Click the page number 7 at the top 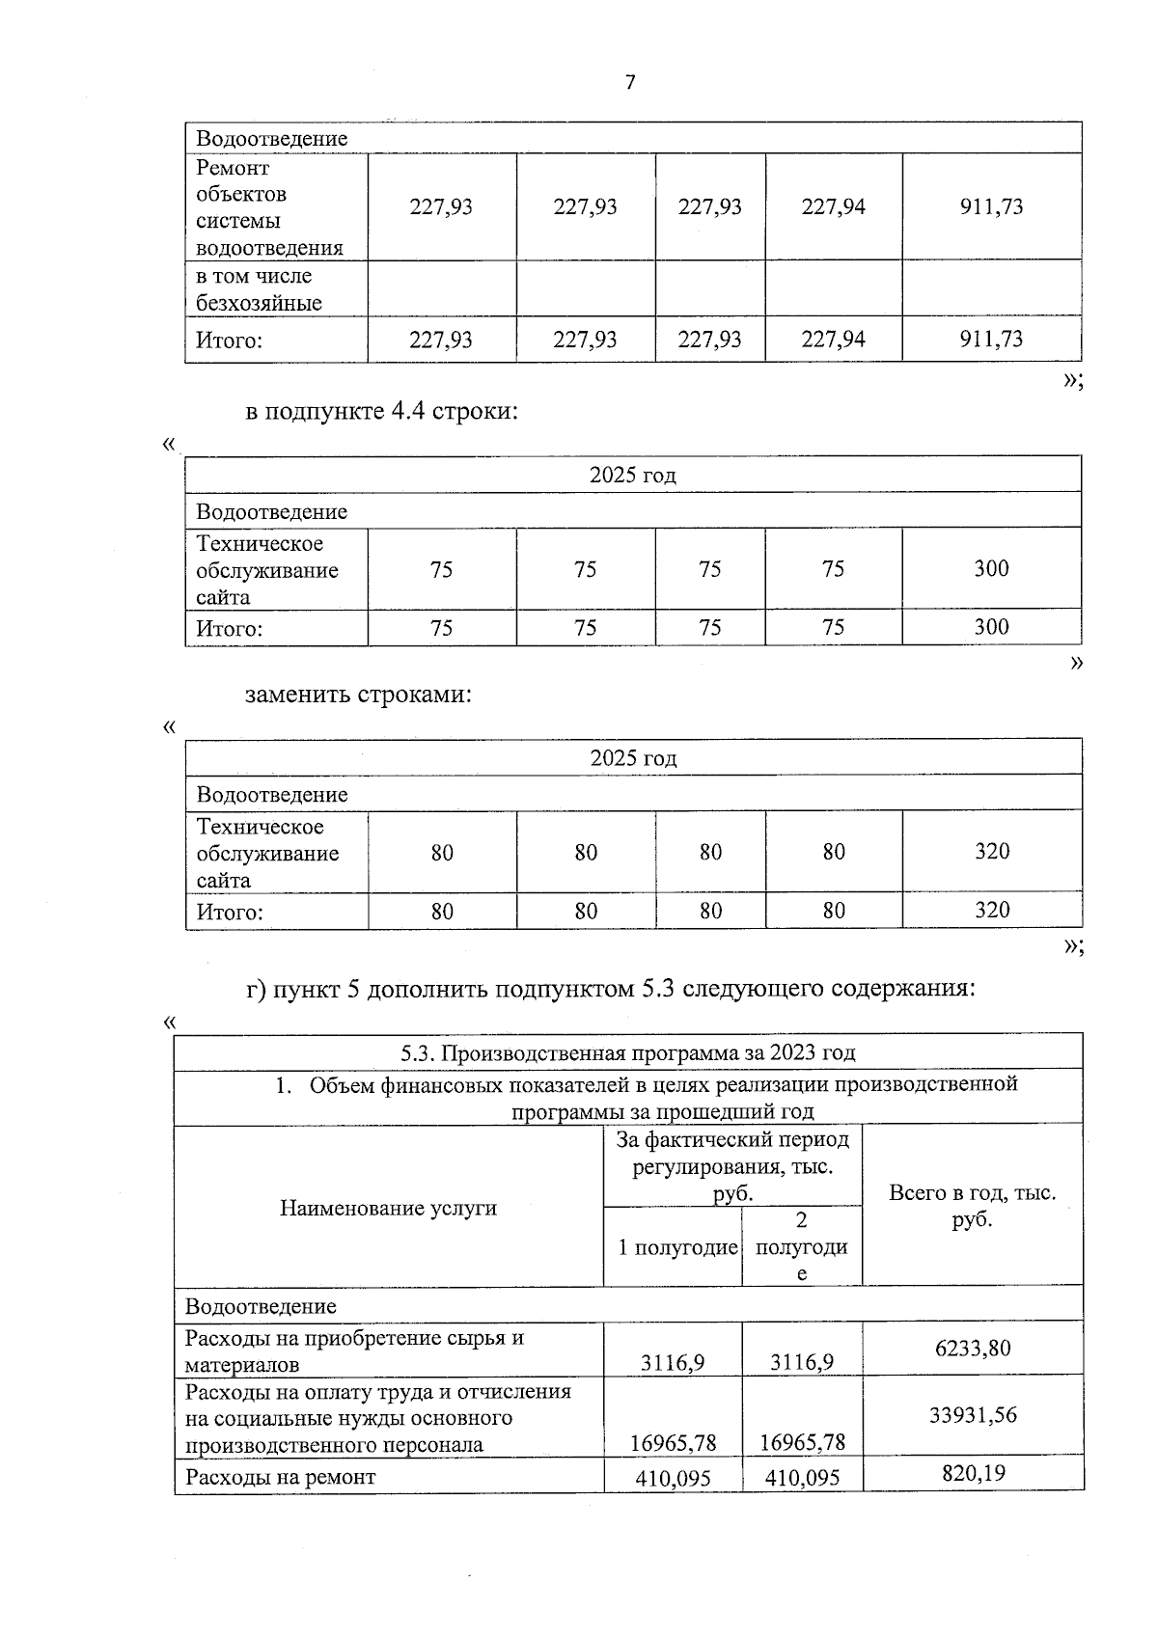630,83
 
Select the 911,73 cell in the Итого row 991,340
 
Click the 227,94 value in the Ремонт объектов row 833,206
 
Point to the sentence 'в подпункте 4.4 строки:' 382,412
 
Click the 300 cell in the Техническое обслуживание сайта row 991,568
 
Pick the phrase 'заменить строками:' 358,695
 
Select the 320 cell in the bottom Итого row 991,911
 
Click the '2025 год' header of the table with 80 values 633,758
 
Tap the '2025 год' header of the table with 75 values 633,476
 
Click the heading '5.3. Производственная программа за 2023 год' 628,1052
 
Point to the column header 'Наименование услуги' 388,1208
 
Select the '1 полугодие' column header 677,1247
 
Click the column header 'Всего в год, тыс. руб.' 972,1206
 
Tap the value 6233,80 973,1348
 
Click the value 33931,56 973,1415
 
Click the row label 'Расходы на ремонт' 280,1477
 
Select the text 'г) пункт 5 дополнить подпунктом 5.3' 440,990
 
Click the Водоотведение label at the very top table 271,139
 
